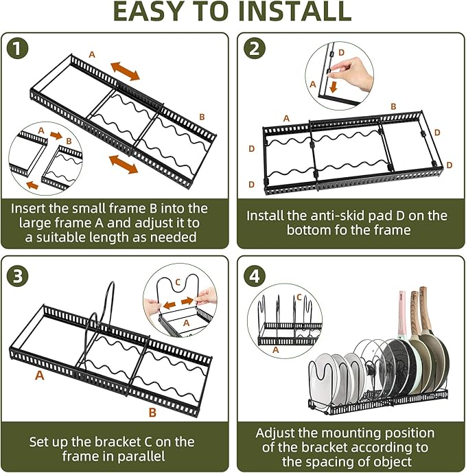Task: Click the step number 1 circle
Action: pos(19,49)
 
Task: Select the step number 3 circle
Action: pos(19,275)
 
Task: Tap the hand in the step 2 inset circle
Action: pos(351,69)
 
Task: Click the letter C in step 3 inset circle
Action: pos(177,281)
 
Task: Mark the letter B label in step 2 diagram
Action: pos(393,106)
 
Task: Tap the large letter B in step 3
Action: pos(153,412)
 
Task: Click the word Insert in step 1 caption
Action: pos(32,207)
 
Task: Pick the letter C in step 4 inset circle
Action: pos(299,297)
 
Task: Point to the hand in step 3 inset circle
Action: pos(206,297)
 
